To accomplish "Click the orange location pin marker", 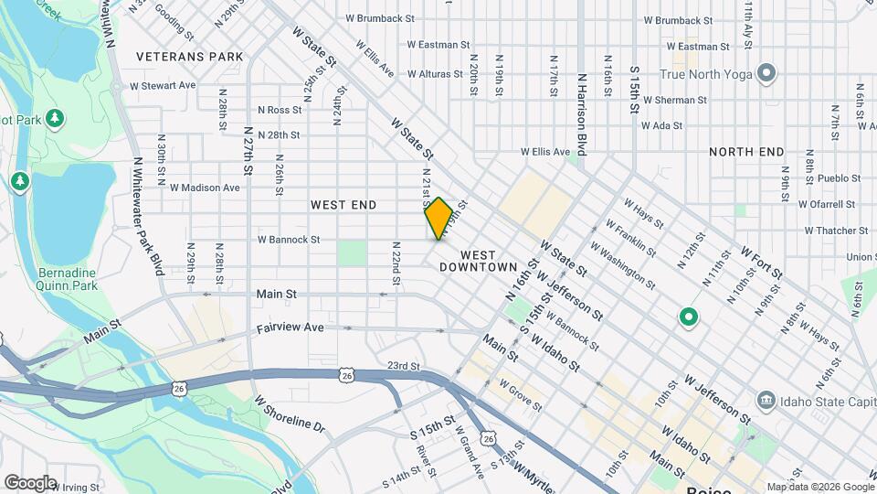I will coord(438,218).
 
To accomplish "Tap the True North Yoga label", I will coord(705,74).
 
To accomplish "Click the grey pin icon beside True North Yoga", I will coord(766,73).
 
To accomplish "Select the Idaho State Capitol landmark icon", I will coord(766,400).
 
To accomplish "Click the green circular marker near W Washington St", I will coord(688,318).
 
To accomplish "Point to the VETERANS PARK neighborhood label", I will coord(190,57).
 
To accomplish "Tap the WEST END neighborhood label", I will coord(343,205).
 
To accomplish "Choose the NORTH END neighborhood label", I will coord(746,152).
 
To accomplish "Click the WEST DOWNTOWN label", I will coord(478,261).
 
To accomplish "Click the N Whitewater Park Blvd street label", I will coord(145,215).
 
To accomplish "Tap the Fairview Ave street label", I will coord(291,328).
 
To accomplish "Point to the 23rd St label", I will coord(403,366).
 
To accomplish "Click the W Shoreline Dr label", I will coord(290,414).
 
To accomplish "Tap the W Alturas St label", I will coord(438,74).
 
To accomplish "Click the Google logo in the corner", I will coord(30,482).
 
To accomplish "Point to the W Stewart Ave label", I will coord(163,85).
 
